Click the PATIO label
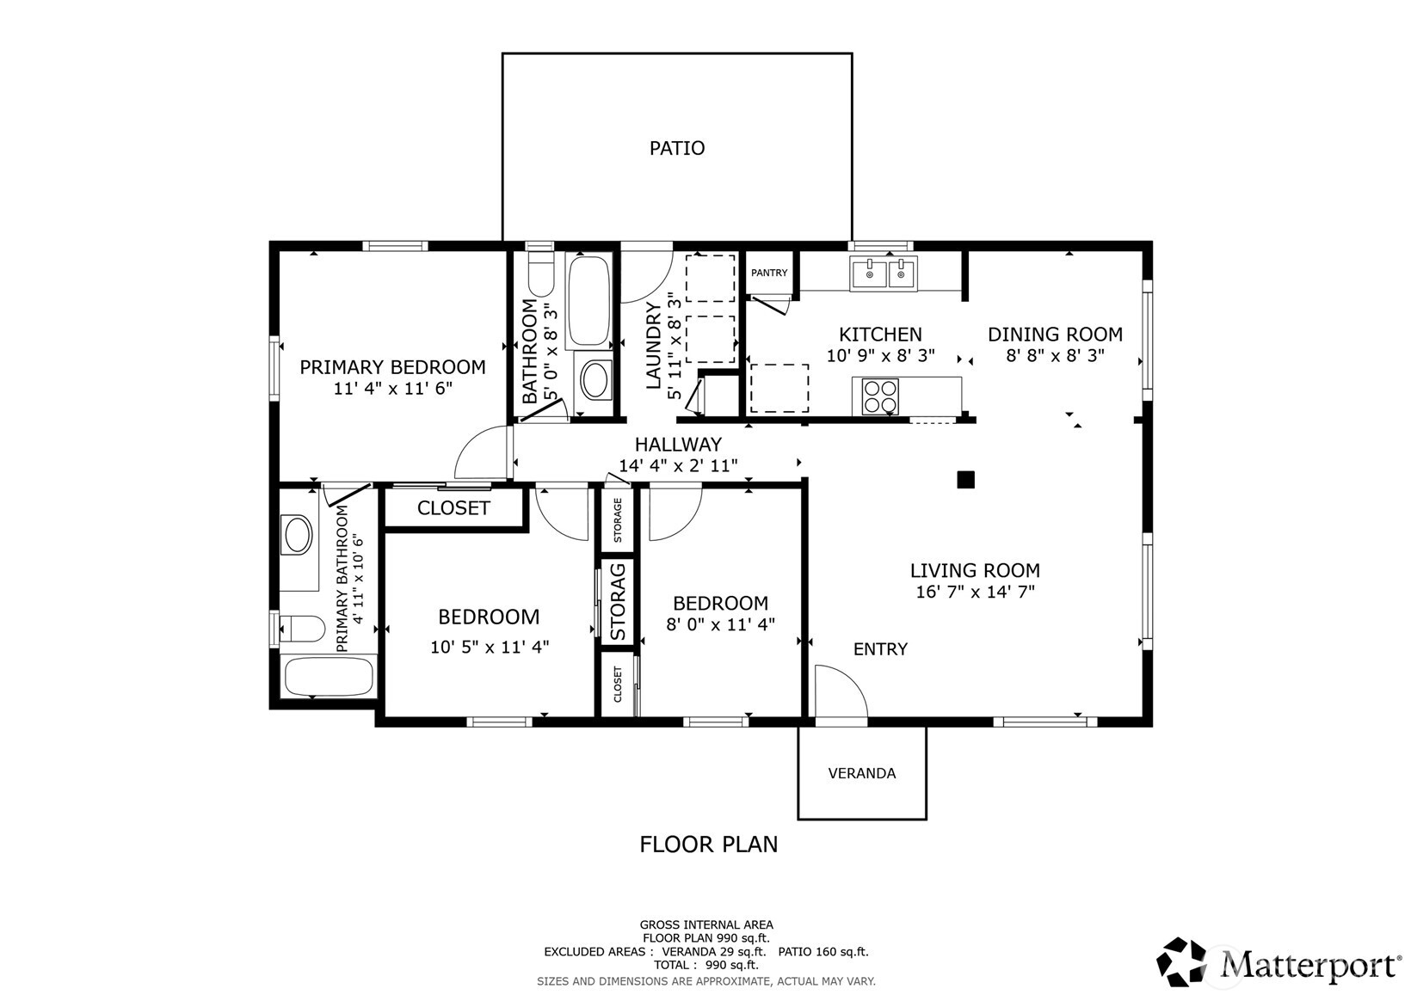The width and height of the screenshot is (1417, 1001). [676, 149]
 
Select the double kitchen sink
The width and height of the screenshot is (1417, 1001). [884, 273]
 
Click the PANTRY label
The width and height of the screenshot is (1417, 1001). [768, 273]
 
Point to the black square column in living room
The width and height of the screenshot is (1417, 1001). [965, 480]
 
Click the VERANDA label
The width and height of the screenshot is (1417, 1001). [861, 773]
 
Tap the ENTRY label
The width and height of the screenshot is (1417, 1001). [880, 649]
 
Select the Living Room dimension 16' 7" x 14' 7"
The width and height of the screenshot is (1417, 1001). [975, 592]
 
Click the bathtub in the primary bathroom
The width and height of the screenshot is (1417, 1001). [329, 676]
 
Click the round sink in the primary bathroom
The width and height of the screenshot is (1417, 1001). [298, 535]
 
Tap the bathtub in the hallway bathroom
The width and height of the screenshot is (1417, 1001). [588, 300]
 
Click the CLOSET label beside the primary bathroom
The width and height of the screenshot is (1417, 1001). [453, 508]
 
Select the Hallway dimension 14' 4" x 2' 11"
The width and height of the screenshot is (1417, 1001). [678, 465]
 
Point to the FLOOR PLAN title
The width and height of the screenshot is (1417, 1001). [708, 844]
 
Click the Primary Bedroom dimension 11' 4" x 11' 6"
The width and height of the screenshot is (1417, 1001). [392, 389]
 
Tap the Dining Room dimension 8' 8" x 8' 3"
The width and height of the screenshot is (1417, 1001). [1055, 356]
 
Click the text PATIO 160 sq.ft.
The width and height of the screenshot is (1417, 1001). [822, 952]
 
